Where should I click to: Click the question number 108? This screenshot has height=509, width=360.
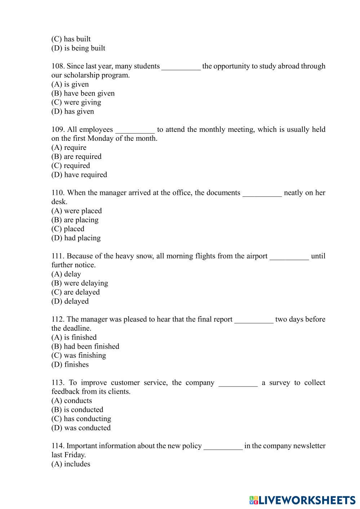tap(58, 66)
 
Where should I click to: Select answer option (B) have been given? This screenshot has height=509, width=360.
tap(83, 93)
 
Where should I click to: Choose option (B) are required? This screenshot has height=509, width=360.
tap(76, 157)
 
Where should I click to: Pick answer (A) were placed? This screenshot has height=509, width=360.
tap(76, 211)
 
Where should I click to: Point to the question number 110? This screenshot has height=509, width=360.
tap(58, 193)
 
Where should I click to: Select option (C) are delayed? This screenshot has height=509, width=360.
tap(75, 292)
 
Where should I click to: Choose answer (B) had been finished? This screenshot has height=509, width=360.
tap(85, 347)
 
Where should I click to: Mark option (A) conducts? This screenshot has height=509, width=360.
tap(71, 401)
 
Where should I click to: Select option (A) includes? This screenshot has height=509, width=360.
tap(71, 464)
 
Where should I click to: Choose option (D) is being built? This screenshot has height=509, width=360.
tap(78, 48)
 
